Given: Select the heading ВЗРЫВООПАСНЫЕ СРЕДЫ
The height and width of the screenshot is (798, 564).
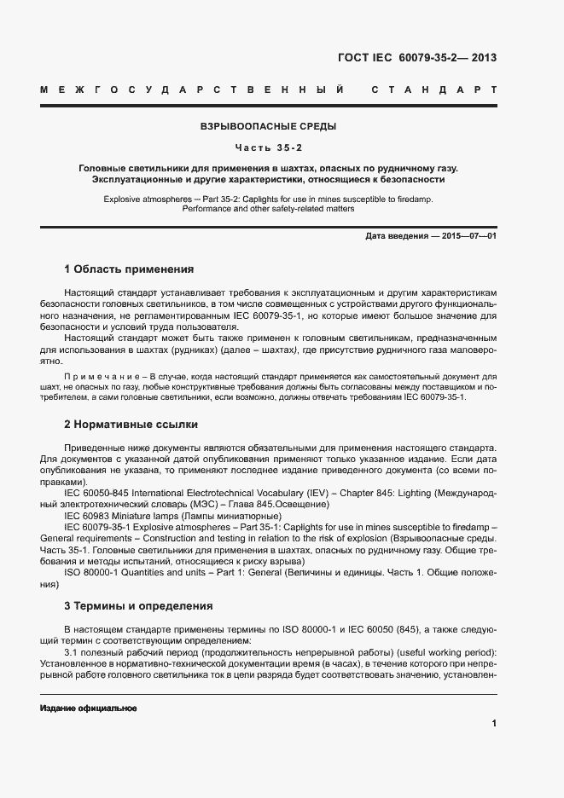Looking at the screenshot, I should coord(268,127).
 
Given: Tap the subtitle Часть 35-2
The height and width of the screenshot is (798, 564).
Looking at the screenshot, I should coord(268,147).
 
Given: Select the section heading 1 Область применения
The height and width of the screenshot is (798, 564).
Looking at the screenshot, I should coord(129,269).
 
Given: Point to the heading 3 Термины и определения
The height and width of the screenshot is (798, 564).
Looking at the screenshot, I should coord(138,606).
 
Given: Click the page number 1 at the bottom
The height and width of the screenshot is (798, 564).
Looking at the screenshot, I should coord(494,723).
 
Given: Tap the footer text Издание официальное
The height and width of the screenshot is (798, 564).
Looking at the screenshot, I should coord(88,708).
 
